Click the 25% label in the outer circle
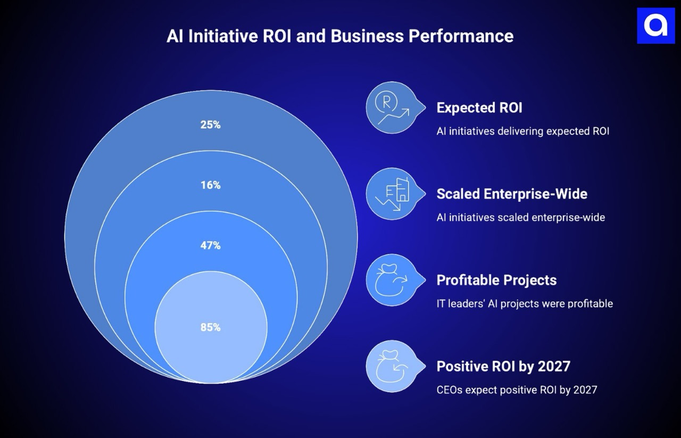tap(210, 125)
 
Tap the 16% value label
tap(210, 185)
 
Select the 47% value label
tap(210, 245)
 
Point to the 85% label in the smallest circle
tap(210, 327)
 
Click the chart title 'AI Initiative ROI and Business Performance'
tap(340, 36)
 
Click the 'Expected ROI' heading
tap(479, 108)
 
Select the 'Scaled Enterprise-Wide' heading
tap(512, 194)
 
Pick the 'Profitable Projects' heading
tap(496, 280)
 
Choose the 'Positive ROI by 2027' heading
tap(503, 366)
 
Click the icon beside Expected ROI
tap(393, 108)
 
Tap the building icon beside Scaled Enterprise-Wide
tap(393, 194)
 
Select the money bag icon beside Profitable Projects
tap(393, 280)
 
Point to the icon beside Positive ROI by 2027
tap(393, 367)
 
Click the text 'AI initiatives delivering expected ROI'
tap(522, 131)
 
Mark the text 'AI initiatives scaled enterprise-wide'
tap(520, 217)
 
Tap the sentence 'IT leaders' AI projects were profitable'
tap(525, 303)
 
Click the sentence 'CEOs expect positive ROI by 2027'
tap(517, 390)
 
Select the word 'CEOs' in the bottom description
tap(449, 390)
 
